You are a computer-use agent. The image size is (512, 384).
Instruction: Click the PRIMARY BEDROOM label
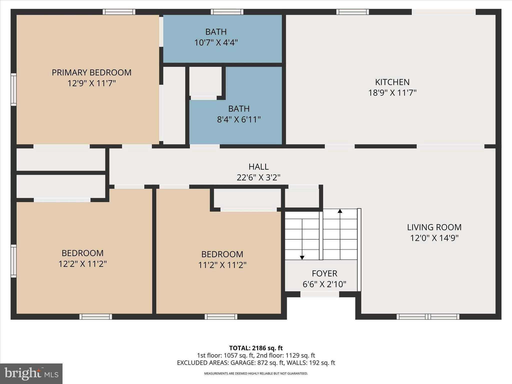pyautogui.click(x=91, y=72)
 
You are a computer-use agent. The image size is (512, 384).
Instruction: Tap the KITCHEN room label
pyautogui.click(x=392, y=82)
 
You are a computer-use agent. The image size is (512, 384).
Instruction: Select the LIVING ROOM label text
pyautogui.click(x=434, y=227)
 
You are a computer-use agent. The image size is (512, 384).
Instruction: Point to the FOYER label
pyautogui.click(x=324, y=273)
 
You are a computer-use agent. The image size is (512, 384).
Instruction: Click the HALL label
pyautogui.click(x=258, y=167)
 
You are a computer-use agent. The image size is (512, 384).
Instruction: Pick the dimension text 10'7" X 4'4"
pyautogui.click(x=216, y=42)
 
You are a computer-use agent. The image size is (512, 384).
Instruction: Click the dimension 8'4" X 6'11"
pyautogui.click(x=239, y=119)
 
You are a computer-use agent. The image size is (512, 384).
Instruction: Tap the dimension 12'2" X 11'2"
pyautogui.click(x=82, y=264)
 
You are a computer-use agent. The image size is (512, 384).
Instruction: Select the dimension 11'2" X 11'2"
pyautogui.click(x=222, y=265)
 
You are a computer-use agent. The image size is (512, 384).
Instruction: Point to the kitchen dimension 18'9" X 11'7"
pyautogui.click(x=392, y=93)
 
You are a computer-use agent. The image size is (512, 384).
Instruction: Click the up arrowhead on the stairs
pyautogui.click(x=340, y=211)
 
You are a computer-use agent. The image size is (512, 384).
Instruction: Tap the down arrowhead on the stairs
pyautogui.click(x=302, y=257)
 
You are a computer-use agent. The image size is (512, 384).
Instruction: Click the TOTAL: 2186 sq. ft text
pyautogui.click(x=256, y=348)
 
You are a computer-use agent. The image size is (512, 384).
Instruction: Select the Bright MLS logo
pyautogui.click(x=31, y=373)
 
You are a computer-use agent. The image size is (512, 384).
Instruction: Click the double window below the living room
pyautogui.click(x=428, y=317)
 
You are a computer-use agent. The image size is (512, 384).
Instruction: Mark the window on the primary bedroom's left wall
pyautogui.click(x=13, y=89)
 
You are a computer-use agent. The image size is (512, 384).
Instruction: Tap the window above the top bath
pyautogui.click(x=227, y=12)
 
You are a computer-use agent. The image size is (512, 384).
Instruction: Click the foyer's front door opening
pyautogui.click(x=319, y=294)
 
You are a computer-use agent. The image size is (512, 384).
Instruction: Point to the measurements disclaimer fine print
pyautogui.click(x=256, y=373)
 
